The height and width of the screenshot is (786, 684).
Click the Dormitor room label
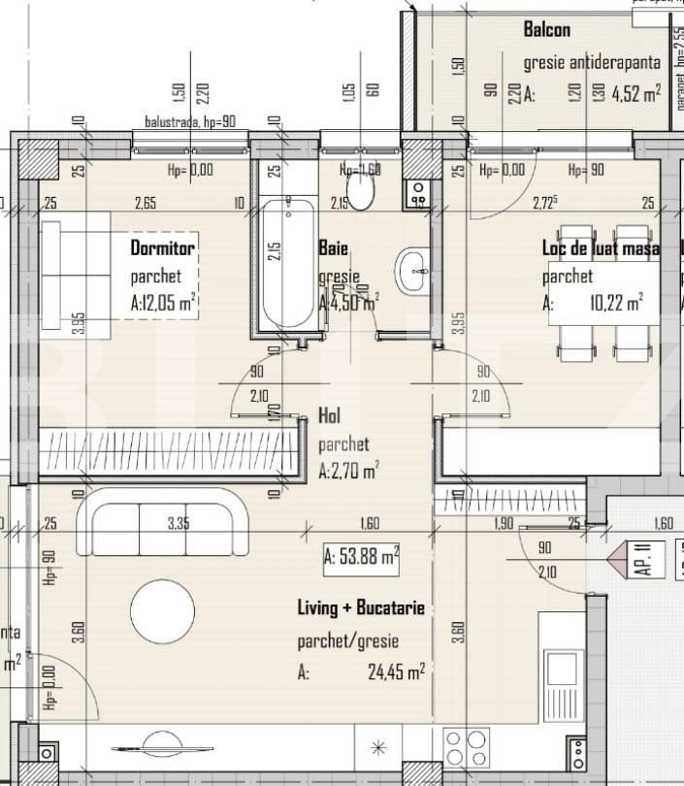pyautogui.click(x=163, y=247)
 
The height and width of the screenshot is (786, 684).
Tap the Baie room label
pyautogui.click(x=333, y=248)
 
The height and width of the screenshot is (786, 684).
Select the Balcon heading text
pyautogui.click(x=547, y=30)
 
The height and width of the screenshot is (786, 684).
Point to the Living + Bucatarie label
pyautogui.click(x=360, y=608)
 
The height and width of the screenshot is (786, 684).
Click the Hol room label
pyautogui.click(x=329, y=415)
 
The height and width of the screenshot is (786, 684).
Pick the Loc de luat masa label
pyautogui.click(x=600, y=248)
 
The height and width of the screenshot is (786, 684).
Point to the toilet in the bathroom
pyautogui.click(x=361, y=192)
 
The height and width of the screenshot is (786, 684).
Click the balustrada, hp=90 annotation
pyautogui.click(x=190, y=122)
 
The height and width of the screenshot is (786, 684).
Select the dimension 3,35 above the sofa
pyautogui.click(x=178, y=524)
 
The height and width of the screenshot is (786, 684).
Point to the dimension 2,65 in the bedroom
pyautogui.click(x=146, y=203)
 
